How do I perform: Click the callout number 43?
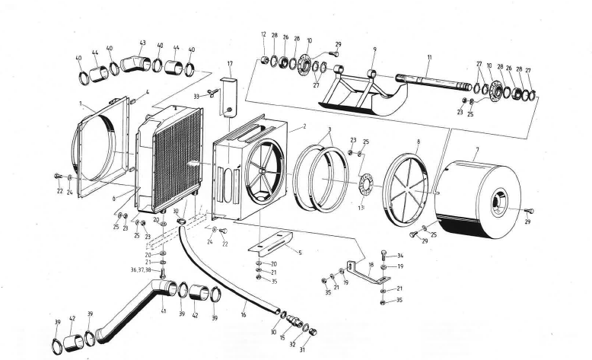[x=142, y=43]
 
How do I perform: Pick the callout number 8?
[x=418, y=142]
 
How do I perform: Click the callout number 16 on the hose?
[x=243, y=314]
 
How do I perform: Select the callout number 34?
[x=401, y=256]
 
